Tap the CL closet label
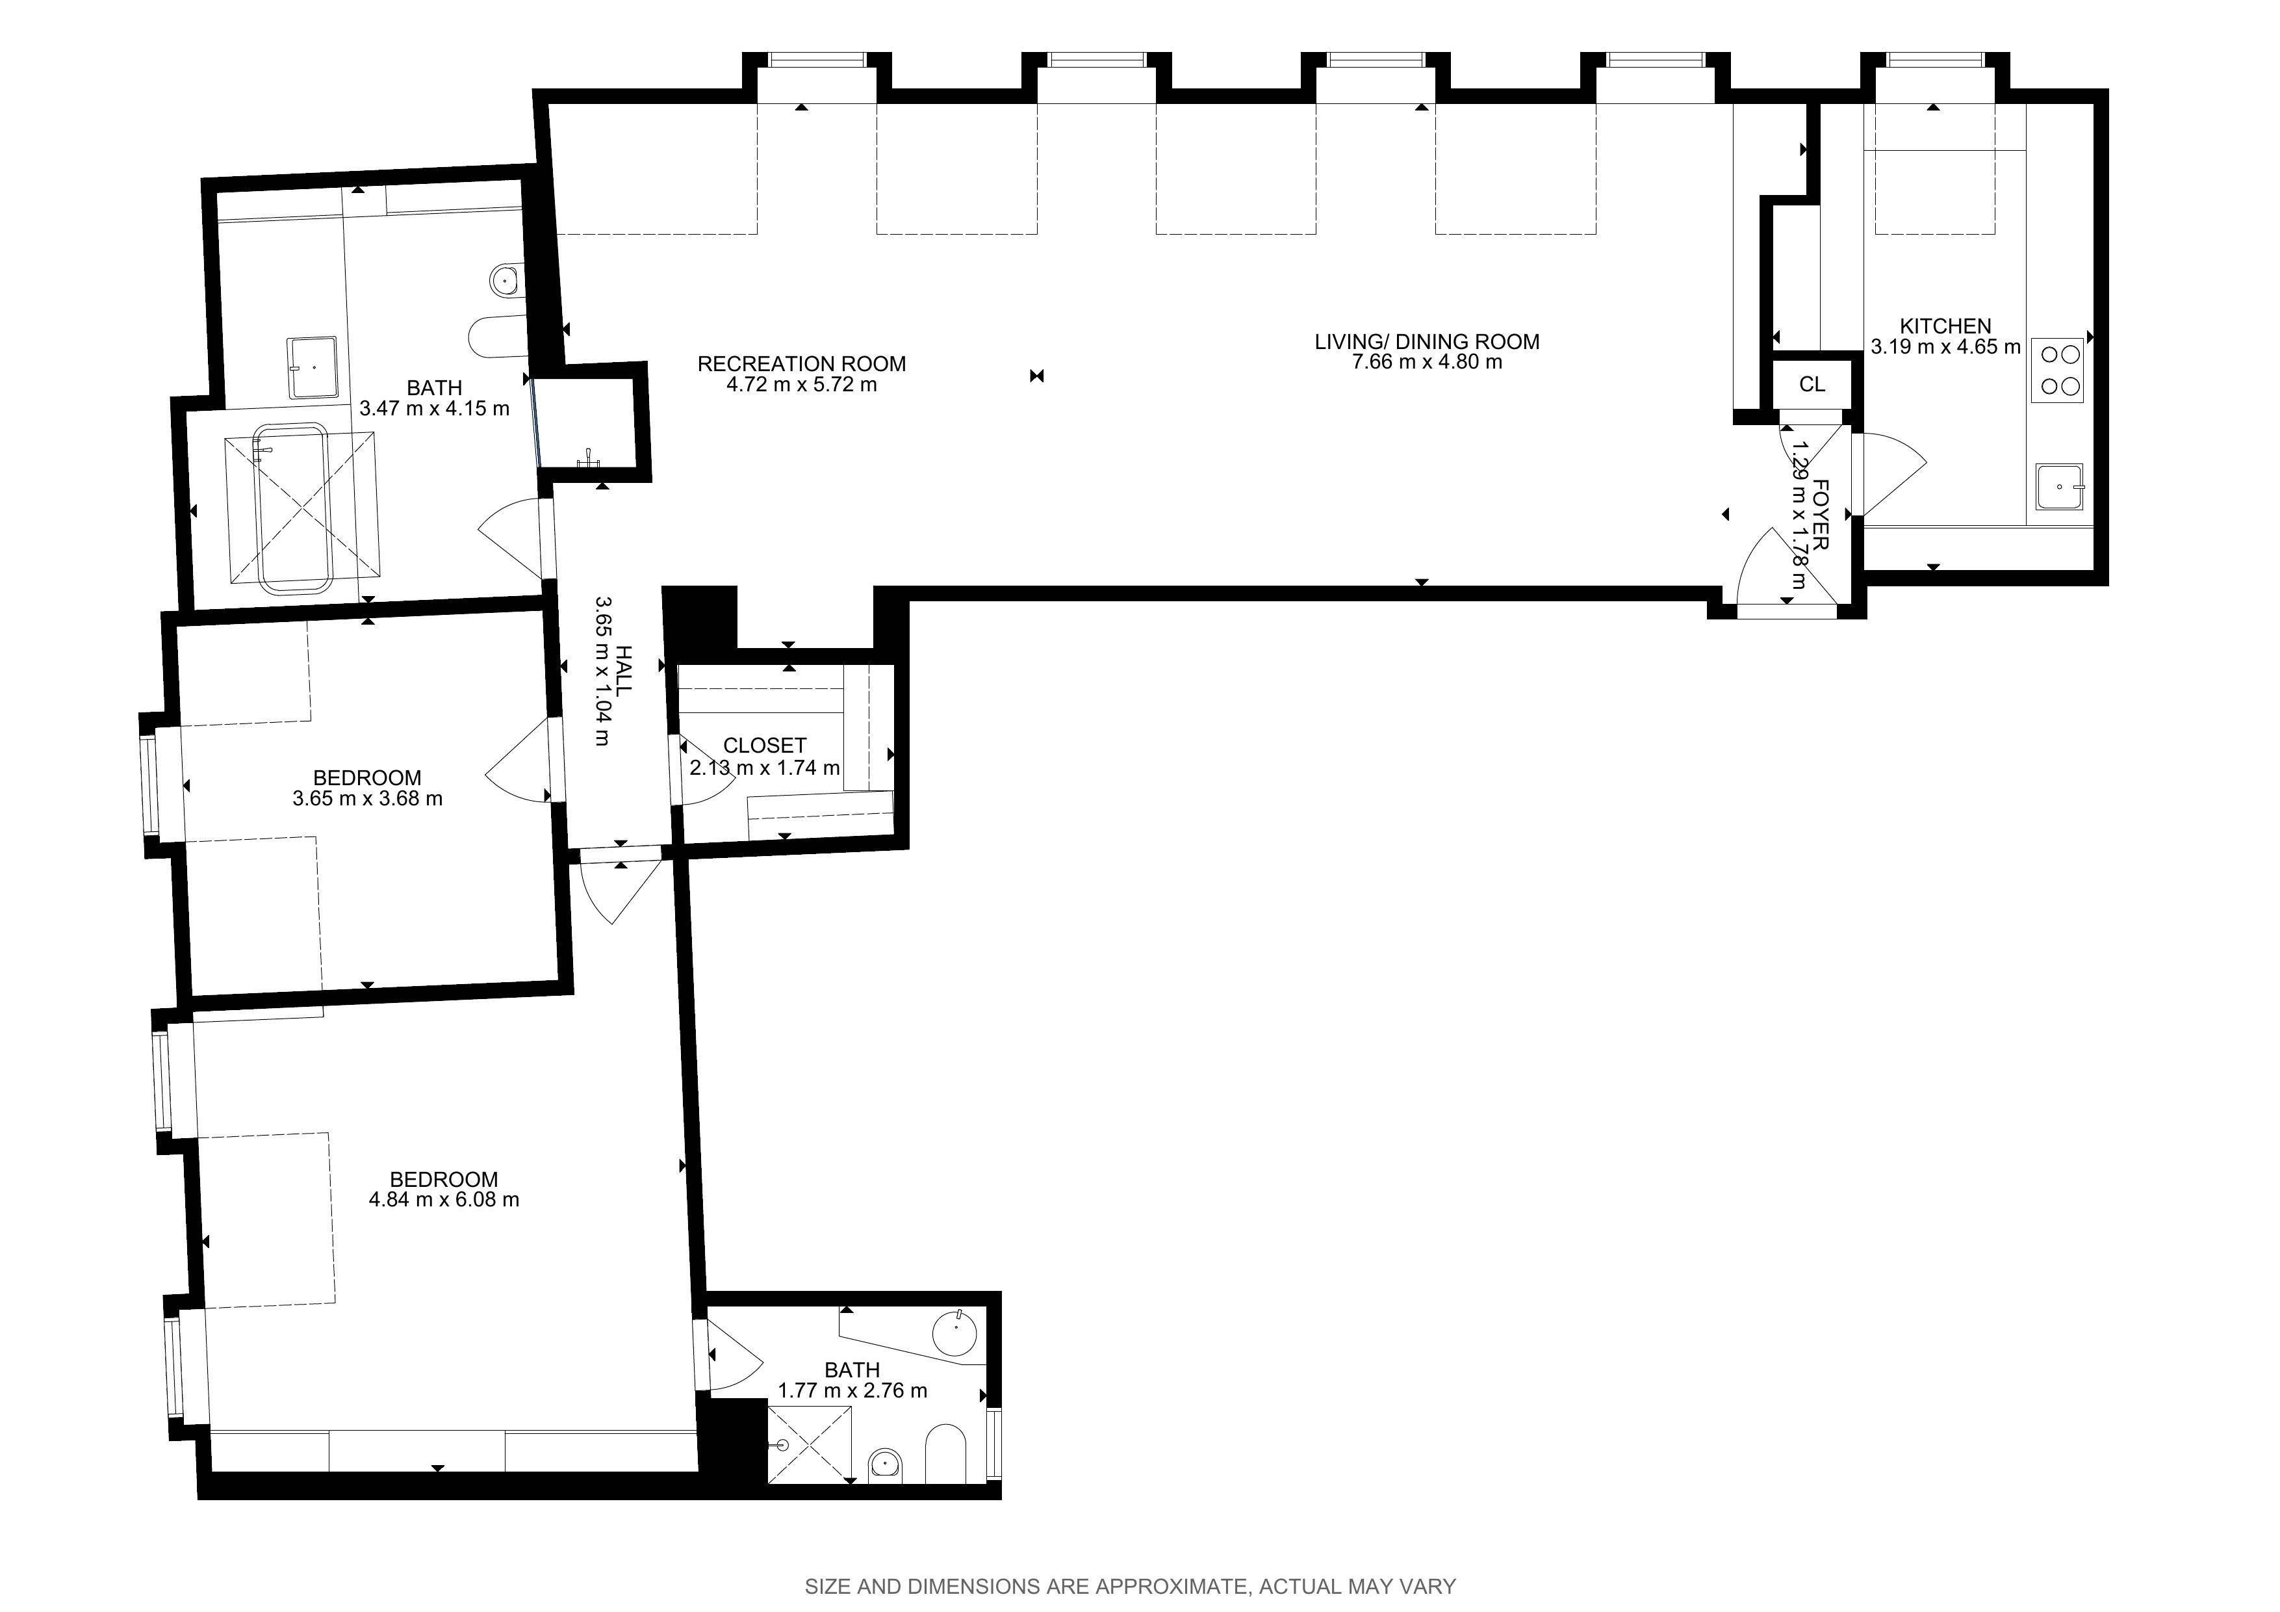1812,384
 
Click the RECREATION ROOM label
801,363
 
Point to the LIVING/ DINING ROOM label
1427,342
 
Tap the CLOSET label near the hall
765,745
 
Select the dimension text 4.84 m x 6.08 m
444,1199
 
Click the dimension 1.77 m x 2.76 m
852,1390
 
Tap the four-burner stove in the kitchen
2058,369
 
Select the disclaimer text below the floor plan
1130,1586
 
